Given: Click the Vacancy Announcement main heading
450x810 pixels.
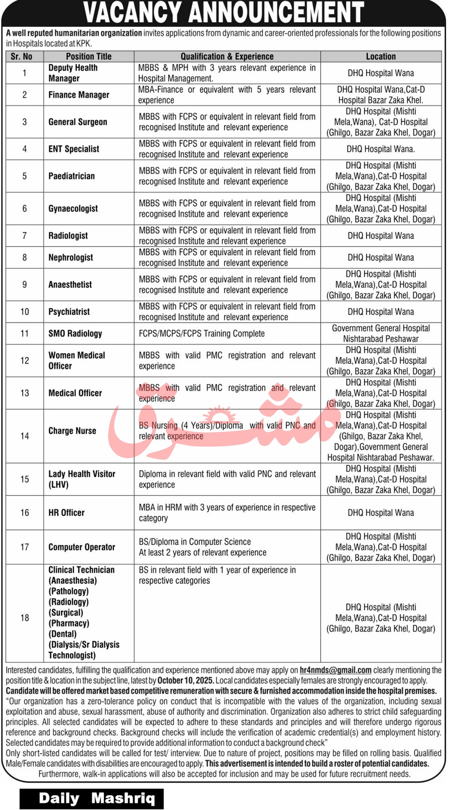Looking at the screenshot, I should (224, 13).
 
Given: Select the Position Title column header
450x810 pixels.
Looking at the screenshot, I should (88, 56).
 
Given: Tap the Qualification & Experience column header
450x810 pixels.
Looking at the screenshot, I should (227, 56).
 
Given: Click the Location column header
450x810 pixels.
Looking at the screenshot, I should (380, 56).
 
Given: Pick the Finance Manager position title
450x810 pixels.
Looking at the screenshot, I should (79, 95).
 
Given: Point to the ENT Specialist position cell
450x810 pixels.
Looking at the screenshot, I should (74, 149).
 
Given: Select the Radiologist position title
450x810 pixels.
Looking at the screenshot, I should (68, 236).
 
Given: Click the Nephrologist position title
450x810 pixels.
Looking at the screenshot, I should (71, 257).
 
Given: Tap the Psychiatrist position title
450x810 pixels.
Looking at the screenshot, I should (69, 312).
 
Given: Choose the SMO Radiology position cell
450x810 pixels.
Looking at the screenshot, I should (75, 333).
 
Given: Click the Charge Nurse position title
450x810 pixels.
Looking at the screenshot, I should (72, 430).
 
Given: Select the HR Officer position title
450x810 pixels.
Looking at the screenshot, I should (66, 513).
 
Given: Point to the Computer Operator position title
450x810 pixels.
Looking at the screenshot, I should (82, 547).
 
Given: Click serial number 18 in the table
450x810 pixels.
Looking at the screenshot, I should (25, 618).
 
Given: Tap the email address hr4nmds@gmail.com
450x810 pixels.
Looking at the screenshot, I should (335, 670).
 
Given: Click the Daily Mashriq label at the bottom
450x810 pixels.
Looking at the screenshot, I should (97, 798).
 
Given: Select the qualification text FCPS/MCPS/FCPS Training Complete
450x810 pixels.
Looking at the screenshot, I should (202, 333).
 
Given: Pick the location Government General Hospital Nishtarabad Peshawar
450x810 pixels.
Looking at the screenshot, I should (381, 333).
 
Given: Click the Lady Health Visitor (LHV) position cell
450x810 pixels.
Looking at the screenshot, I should (82, 479).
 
